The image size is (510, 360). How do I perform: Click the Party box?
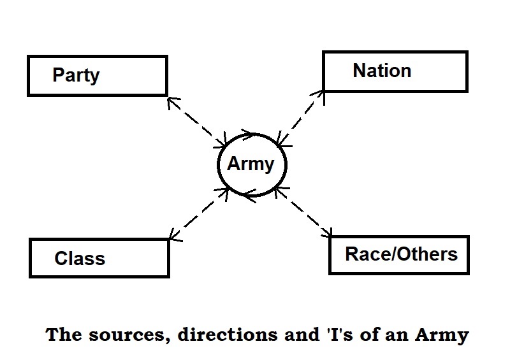pyautogui.click(x=97, y=76)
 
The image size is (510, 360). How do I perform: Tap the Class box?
pyautogui.click(x=99, y=257)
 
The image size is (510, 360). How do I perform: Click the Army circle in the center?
pyautogui.click(x=252, y=165)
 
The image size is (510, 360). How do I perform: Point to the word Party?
pyautogui.click(x=76, y=75)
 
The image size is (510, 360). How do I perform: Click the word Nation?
pyautogui.click(x=382, y=70)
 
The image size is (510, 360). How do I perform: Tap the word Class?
pyautogui.click(x=80, y=258)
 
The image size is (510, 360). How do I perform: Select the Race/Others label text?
pyautogui.click(x=401, y=254)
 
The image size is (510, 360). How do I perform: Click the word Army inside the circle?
pyautogui.click(x=251, y=164)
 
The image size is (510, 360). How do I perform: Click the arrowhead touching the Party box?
pyautogui.click(x=170, y=99)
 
